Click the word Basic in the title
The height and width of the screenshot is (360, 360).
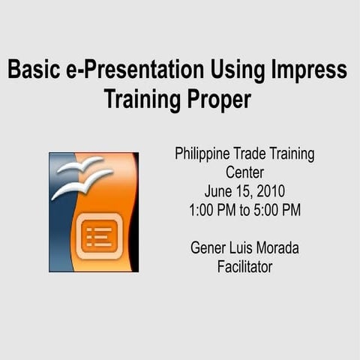tap(34, 70)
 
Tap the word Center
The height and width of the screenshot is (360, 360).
tap(244, 172)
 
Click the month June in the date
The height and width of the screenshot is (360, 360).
tap(218, 191)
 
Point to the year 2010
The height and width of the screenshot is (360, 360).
tap(271, 191)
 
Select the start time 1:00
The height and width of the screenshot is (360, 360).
tap(203, 210)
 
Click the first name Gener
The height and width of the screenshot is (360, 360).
tap(208, 247)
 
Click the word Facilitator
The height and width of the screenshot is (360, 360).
tap(244, 266)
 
